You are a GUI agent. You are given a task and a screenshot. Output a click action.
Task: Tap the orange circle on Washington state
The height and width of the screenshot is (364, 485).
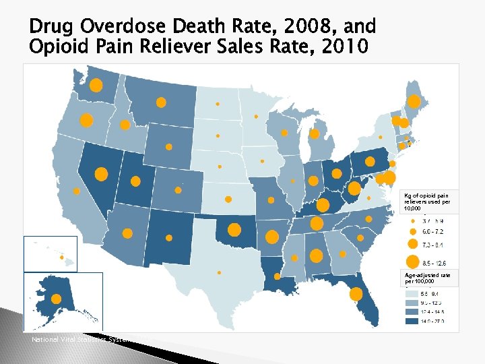point(96,85)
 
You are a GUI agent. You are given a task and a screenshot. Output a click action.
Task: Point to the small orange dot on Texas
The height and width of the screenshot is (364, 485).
point(219,272)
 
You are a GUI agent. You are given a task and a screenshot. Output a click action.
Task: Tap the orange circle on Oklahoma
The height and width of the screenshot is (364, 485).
point(234,229)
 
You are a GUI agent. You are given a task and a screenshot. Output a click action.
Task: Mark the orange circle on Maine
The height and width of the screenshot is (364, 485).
point(415,102)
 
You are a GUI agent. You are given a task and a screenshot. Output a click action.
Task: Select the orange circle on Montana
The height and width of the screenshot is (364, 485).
point(161,102)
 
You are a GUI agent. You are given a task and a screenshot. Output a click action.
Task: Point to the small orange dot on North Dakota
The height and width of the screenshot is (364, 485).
point(218,104)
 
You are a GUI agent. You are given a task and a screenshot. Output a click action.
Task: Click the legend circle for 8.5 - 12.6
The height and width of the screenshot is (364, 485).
point(411,262)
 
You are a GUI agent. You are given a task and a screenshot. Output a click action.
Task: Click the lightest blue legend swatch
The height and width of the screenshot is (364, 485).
point(411,294)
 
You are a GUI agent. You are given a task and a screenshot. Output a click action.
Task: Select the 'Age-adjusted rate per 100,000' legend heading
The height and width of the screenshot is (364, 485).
point(427,278)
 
